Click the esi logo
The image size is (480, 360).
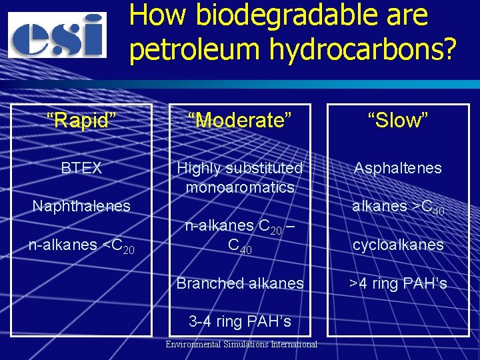(x=57, y=35)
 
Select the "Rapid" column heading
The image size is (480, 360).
(x=81, y=121)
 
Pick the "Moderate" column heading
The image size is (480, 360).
(x=240, y=121)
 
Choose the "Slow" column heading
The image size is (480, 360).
(x=398, y=121)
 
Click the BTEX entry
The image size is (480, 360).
(x=81, y=168)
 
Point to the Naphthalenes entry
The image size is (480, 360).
(x=81, y=206)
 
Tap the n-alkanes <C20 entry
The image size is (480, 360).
(x=81, y=245)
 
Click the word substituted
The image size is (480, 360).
(x=265, y=168)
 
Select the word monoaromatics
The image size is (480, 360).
(x=240, y=187)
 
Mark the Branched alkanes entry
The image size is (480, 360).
(x=240, y=283)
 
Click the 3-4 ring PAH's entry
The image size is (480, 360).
(x=240, y=321)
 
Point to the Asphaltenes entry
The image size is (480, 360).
(x=398, y=168)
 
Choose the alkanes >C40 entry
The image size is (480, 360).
(x=398, y=207)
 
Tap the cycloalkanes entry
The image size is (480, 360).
(x=398, y=245)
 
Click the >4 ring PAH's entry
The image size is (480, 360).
(x=398, y=283)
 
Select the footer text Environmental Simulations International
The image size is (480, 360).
(x=241, y=344)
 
